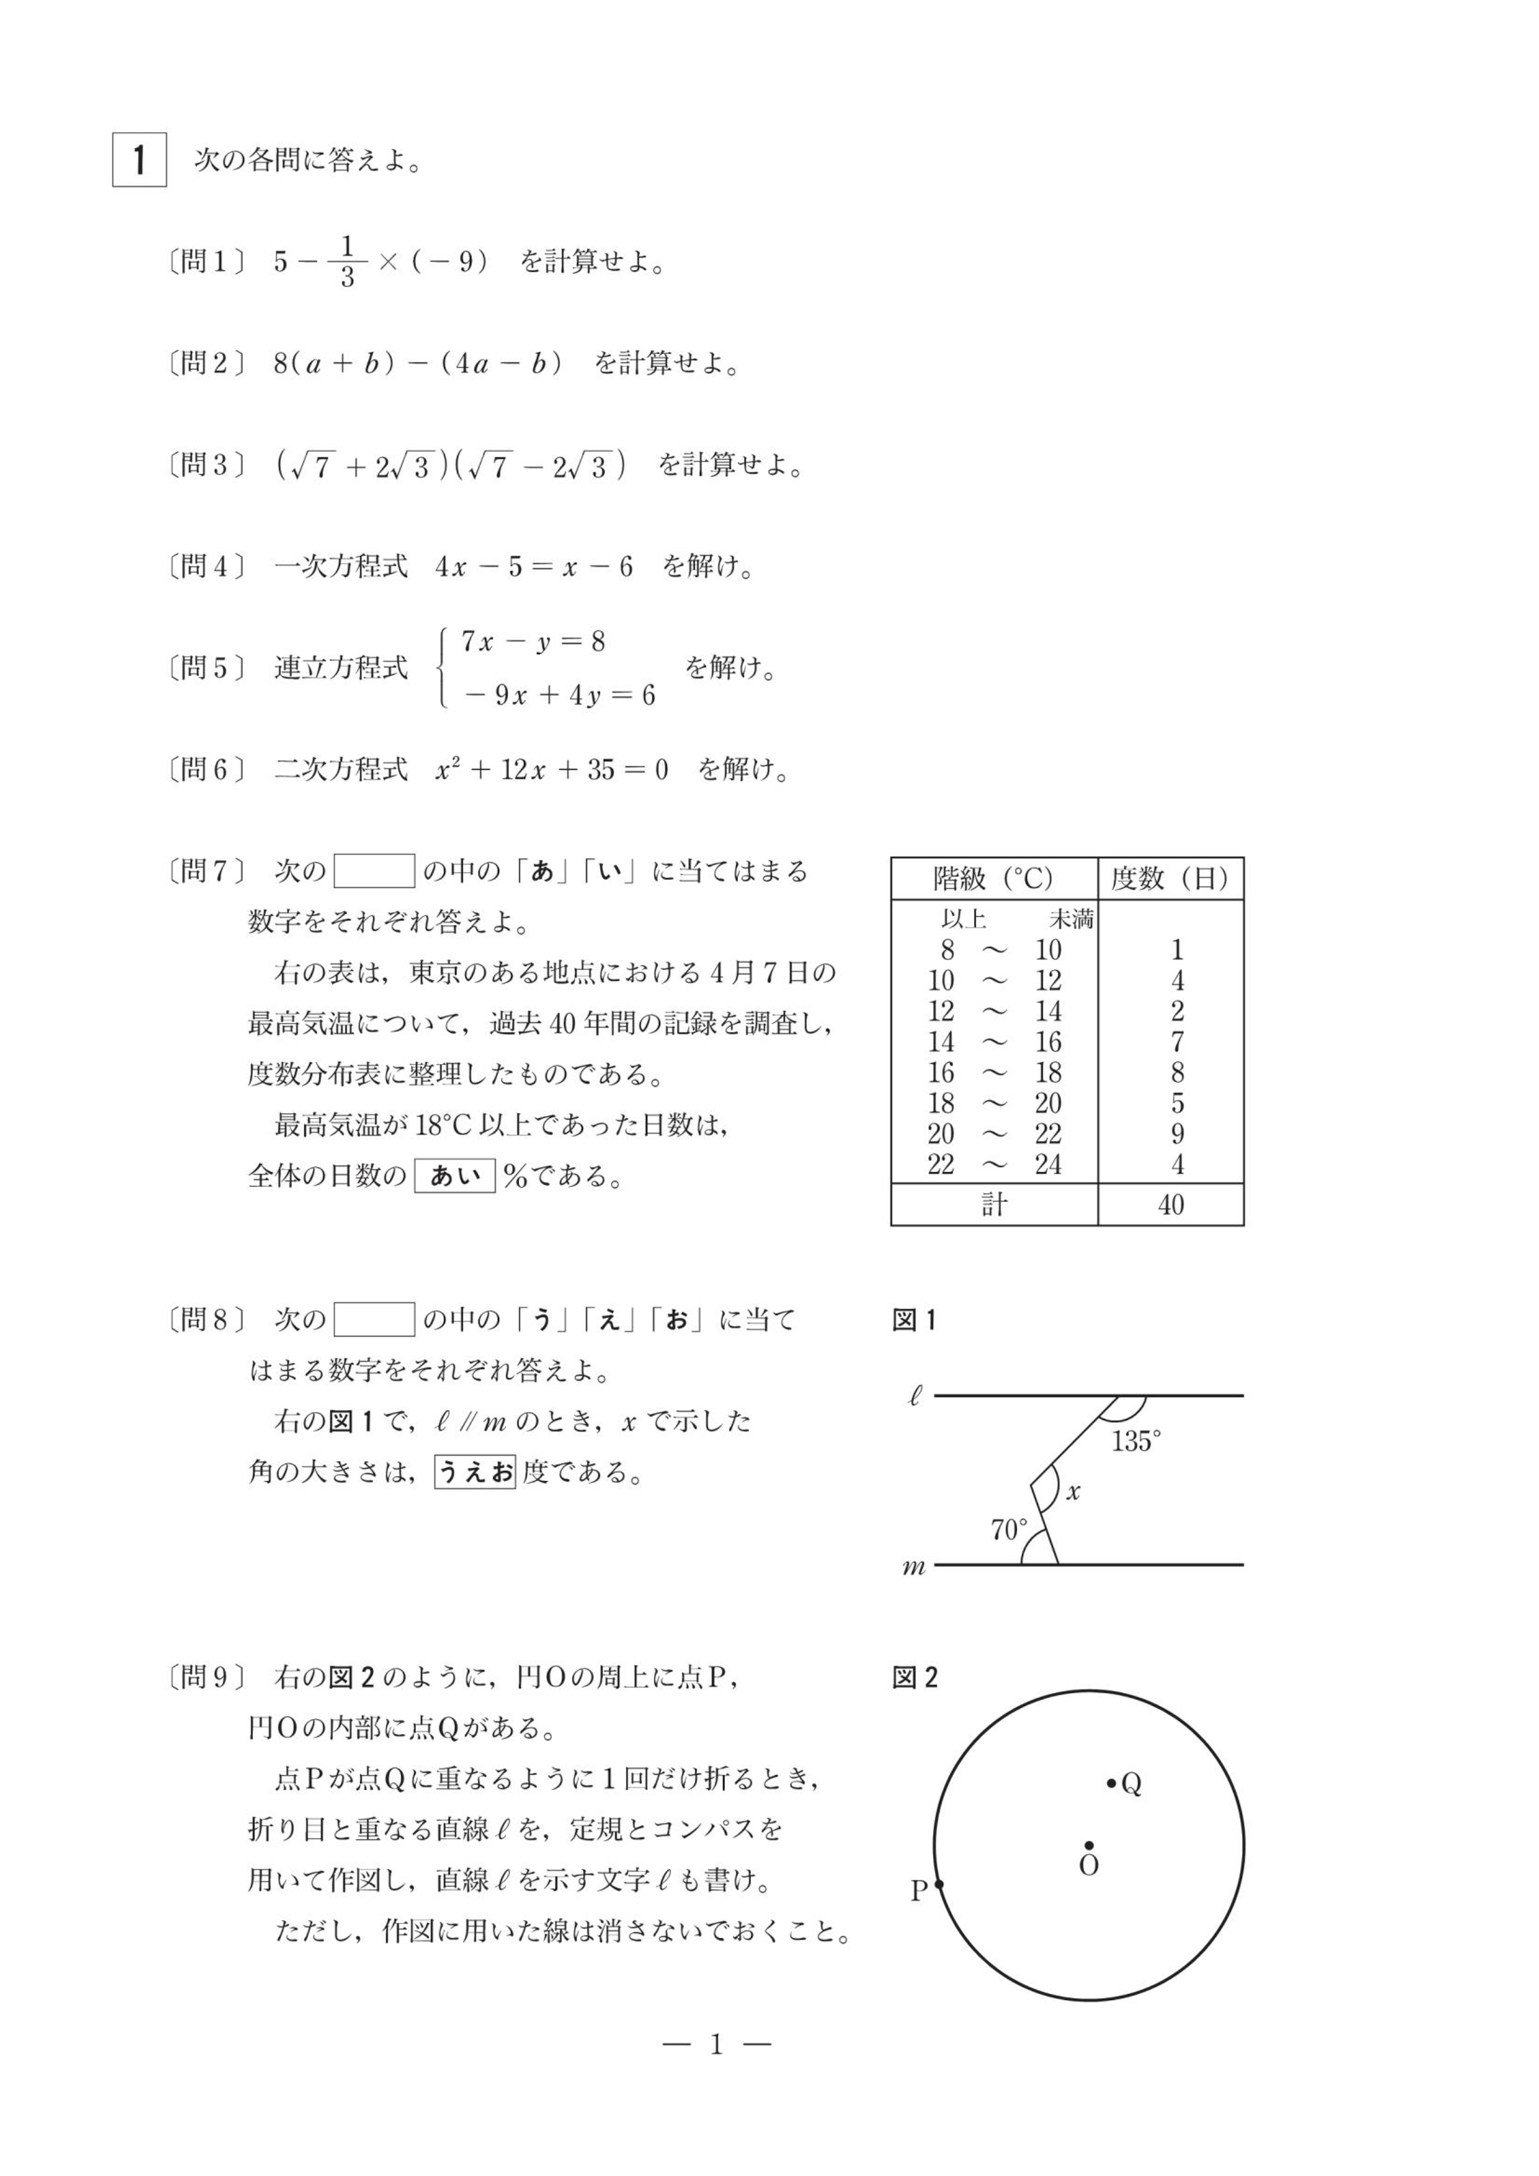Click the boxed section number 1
(140, 159)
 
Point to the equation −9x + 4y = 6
(559, 695)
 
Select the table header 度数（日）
(1171, 878)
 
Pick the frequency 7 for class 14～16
(1177, 1041)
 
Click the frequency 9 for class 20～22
(1177, 1133)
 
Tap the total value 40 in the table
(1171, 1205)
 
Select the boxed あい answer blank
(455, 1176)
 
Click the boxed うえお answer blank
(475, 1472)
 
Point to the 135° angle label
(1135, 1442)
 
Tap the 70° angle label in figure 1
(1008, 1530)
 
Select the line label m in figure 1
(914, 1567)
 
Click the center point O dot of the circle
(1089, 1846)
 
